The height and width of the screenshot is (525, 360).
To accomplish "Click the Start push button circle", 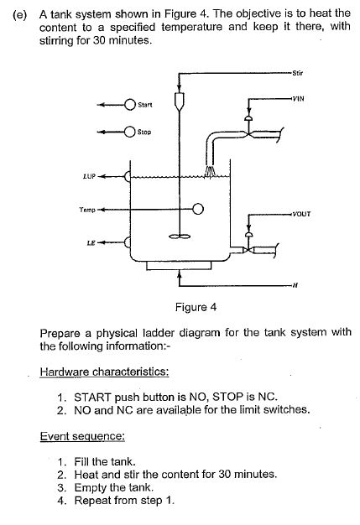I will pyautogui.click(x=130, y=105).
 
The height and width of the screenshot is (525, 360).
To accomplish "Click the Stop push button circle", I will pyautogui.click(x=130, y=132).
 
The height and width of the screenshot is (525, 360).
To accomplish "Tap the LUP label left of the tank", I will pyautogui.click(x=90, y=177).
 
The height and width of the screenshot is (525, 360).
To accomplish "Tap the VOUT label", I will pyautogui.click(x=300, y=212).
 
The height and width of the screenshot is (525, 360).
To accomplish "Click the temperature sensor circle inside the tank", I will pyautogui.click(x=198, y=209).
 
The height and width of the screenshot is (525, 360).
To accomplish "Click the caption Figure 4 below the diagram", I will pyautogui.click(x=192, y=307).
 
